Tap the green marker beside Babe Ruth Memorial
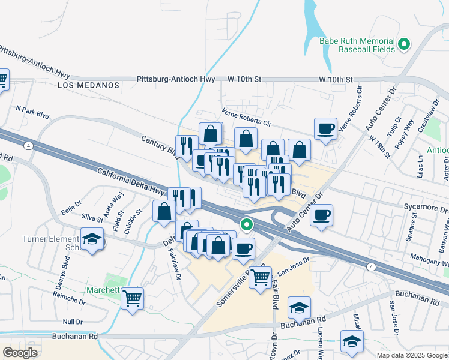click(x=404, y=44)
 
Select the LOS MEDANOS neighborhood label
click(x=89, y=85)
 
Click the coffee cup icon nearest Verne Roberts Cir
click(x=325, y=129)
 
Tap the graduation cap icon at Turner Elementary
click(x=92, y=241)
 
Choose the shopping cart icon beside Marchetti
click(x=132, y=298)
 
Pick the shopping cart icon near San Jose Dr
click(x=260, y=277)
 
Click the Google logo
click(x=20, y=353)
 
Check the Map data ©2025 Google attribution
click(x=412, y=355)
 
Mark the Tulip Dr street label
click(x=393, y=136)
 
